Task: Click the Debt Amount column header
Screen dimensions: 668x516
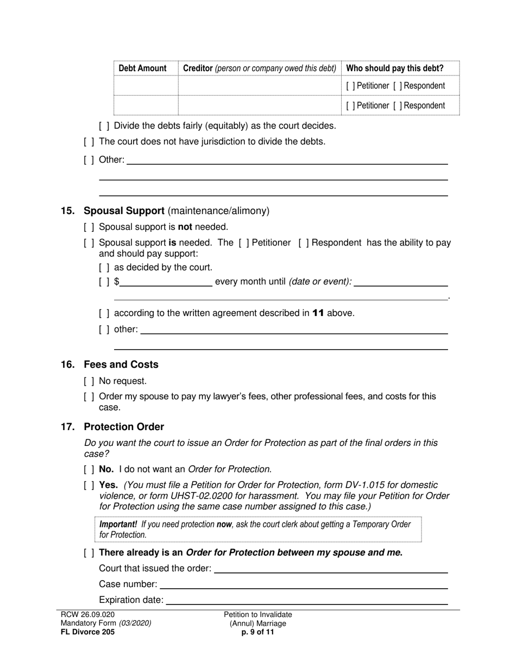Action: [142, 68]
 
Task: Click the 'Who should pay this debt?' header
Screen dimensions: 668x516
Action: [394, 68]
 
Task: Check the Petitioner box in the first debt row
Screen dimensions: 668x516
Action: [350, 86]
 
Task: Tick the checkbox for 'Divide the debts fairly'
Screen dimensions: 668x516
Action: [104, 126]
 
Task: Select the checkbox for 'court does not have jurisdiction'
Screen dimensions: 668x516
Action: [89, 142]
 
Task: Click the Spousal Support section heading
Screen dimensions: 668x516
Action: [124, 211]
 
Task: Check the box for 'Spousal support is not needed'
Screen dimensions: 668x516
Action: [89, 227]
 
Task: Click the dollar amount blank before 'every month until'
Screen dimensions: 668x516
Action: [166, 282]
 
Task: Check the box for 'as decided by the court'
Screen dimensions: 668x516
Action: [104, 268]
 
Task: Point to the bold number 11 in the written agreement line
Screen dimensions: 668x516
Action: [318, 313]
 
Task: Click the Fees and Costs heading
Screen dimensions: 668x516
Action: [121, 364]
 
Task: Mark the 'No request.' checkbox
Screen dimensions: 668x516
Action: [89, 381]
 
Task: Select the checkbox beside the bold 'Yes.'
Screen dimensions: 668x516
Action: [89, 485]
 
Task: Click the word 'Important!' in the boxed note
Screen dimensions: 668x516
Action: [118, 525]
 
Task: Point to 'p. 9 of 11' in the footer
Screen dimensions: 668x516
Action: [257, 632]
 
